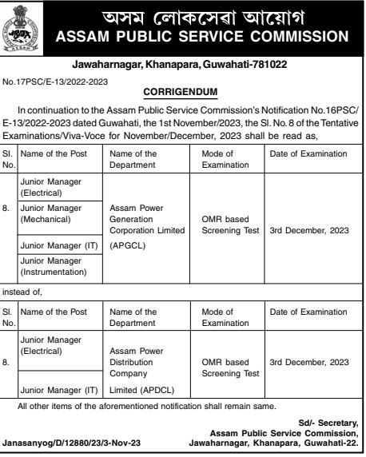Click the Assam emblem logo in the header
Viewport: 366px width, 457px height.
pyautogui.click(x=26, y=28)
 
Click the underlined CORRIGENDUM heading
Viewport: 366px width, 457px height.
pyautogui.click(x=181, y=92)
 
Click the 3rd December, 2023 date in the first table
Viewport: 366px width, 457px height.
pyautogui.click(x=308, y=230)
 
